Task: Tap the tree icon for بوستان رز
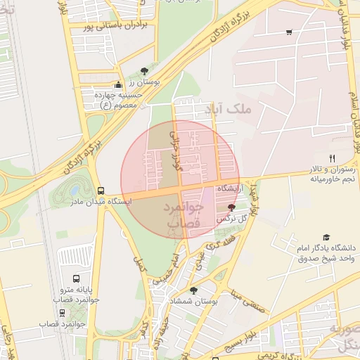(x=145, y=70)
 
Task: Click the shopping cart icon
(x=289, y=32)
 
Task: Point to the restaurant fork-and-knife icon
(x=332, y=158)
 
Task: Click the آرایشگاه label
(x=230, y=189)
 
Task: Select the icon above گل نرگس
(x=232, y=207)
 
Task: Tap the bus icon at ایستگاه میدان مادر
(x=101, y=190)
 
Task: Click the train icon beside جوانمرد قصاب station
(x=62, y=313)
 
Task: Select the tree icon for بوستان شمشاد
(x=193, y=290)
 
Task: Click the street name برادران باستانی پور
(x=106, y=27)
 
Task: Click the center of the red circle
(x=180, y=179)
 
